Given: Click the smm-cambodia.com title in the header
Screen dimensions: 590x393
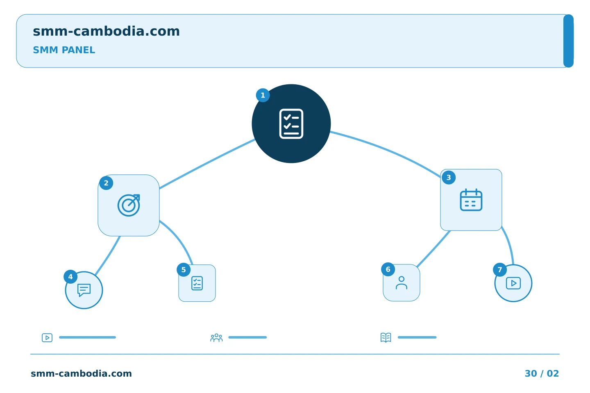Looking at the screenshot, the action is pos(106,32).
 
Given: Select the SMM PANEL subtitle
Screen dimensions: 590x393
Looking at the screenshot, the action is pos(64,50).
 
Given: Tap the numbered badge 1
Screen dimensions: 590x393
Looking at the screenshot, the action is pos(263,95).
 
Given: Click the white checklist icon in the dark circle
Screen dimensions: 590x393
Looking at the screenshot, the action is pos(291,124).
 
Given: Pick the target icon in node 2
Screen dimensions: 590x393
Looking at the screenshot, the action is pos(129,206).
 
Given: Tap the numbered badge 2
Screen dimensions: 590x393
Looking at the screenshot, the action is pos(106,183).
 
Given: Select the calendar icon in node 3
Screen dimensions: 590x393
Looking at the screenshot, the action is pos(471,200).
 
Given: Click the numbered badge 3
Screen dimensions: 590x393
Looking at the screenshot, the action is pos(449,178).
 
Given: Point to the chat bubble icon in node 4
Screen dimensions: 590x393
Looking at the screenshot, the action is pos(84,290).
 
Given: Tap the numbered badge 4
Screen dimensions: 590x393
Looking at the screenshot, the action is pos(70,277).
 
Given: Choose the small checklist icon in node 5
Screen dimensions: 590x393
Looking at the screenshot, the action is pos(197,283).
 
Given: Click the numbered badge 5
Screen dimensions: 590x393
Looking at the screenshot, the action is pos(184,270).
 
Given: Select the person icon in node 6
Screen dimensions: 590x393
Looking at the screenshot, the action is pos(402,283).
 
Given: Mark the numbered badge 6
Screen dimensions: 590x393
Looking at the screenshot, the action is pos(388,269).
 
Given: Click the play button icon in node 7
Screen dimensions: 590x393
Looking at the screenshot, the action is pos(513,283).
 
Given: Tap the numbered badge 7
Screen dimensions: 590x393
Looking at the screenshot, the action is pos(500,270).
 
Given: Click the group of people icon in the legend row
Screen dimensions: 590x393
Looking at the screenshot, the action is pos(216,337).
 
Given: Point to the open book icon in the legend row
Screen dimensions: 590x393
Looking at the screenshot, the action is pos(386,337).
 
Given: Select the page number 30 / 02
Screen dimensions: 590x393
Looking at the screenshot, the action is pos(542,373).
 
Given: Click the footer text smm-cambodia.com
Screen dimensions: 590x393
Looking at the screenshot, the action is pos(81,373).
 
